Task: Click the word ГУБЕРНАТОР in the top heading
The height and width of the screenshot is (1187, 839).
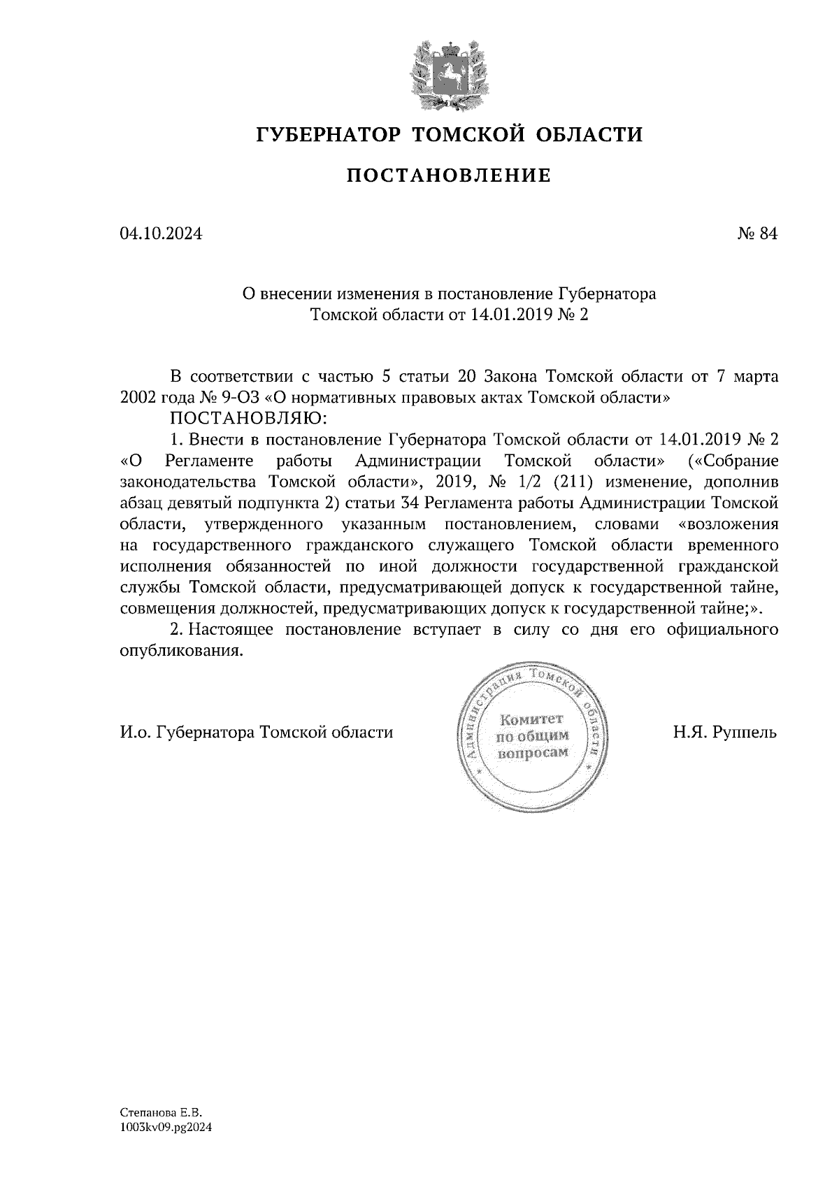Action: pos(328,134)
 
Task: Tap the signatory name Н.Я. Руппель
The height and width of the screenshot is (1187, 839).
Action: pos(725,733)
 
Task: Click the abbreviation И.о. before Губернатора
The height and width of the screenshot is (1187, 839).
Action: pos(135,733)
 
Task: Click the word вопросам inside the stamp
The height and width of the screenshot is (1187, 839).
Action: pos(532,753)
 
